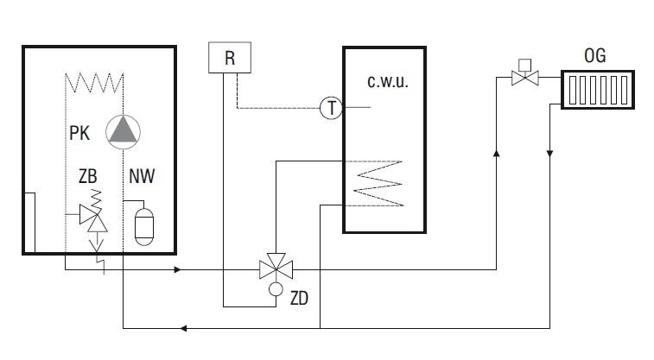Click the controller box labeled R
[x=230, y=58]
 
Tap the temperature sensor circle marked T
[x=331, y=108]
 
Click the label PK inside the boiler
[x=79, y=133]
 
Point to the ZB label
[x=87, y=176]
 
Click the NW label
[x=142, y=176]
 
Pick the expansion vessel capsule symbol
[x=144, y=227]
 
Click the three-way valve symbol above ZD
[x=276, y=267]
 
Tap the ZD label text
[x=299, y=299]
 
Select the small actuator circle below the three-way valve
[x=276, y=288]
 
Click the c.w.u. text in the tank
[x=388, y=81]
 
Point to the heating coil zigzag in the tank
[x=378, y=183]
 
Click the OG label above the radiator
[x=594, y=55]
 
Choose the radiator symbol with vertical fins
[x=598, y=90]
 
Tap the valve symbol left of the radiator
[x=525, y=78]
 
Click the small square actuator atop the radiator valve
[x=524, y=65]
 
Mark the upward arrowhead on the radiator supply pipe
[x=497, y=154]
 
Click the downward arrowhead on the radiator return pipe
[x=549, y=154]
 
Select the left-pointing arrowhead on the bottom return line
[x=183, y=328]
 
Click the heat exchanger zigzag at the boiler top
[x=94, y=83]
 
